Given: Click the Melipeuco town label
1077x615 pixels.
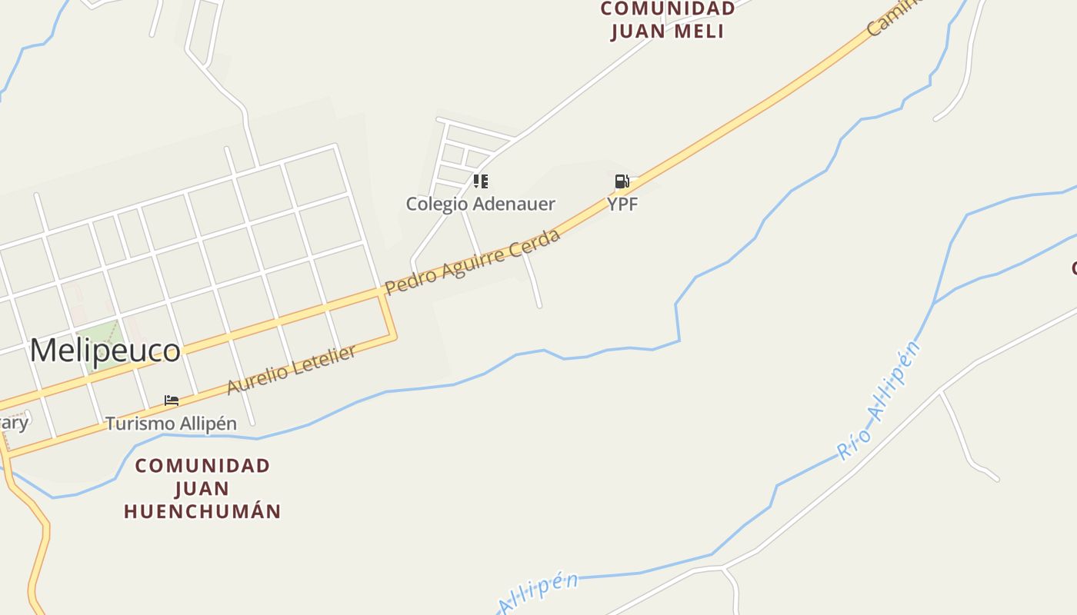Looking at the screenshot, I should click(105, 351).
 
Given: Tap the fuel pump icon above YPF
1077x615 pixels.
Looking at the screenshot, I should click(622, 181).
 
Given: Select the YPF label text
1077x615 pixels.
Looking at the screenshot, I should click(622, 204).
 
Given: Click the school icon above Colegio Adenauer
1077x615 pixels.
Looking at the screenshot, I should click(481, 181).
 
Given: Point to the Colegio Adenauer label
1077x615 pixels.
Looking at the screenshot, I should click(481, 204).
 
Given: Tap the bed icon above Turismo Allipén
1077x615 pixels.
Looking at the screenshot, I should click(172, 401).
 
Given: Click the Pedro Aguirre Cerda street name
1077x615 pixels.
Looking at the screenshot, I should click(472, 262).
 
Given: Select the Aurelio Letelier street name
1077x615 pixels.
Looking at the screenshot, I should click(292, 371).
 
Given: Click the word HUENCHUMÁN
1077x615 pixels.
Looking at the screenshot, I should click(202, 511).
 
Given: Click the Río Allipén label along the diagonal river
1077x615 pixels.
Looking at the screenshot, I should click(880, 401).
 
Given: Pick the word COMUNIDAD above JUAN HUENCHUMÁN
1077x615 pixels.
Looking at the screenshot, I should click(202, 466).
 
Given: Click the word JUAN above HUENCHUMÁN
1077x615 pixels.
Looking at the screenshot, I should click(202, 488).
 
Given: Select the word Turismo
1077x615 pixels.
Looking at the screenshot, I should click(139, 424).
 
